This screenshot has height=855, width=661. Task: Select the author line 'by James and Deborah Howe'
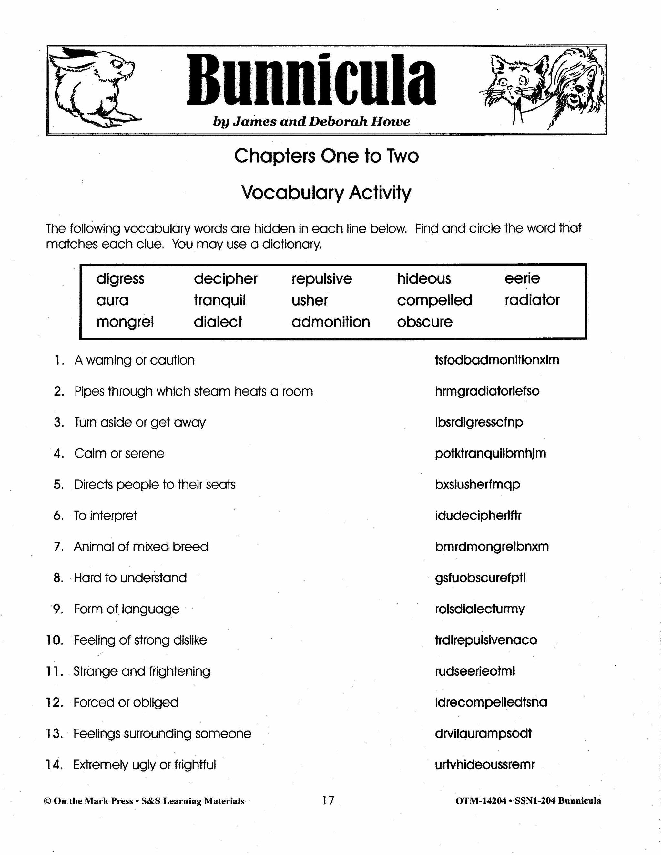coord(311,122)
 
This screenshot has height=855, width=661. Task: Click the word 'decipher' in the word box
coord(226,279)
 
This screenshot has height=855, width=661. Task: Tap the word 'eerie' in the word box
coord(522,278)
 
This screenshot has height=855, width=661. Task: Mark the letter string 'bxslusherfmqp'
coord(477,484)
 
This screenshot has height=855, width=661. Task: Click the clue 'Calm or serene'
coord(119,453)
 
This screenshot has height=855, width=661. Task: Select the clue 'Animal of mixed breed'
coord(141,547)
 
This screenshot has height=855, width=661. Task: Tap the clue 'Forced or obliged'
coord(126,702)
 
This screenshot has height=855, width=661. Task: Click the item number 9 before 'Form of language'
coord(58,609)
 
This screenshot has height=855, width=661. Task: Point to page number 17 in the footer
coord(328,800)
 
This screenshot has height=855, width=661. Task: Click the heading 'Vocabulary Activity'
coord(326,193)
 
